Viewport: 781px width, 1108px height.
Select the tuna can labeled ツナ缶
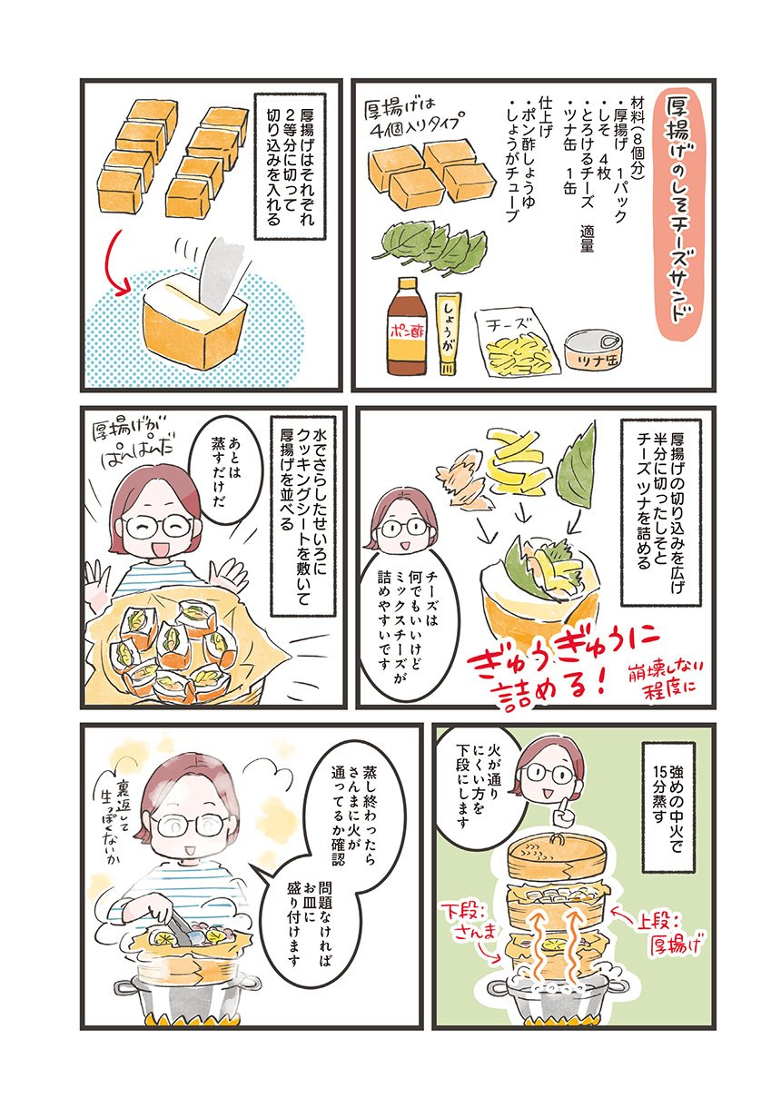[x=592, y=350]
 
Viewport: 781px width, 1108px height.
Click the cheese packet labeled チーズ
[x=519, y=342]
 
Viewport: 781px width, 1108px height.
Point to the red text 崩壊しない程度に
[x=661, y=678]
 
